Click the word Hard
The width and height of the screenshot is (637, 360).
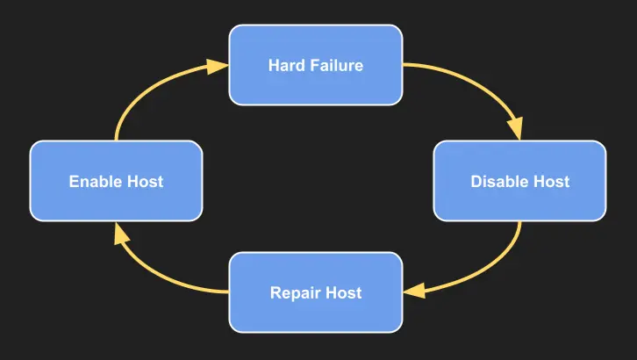[286, 66]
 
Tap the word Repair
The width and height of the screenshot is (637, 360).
[294, 292]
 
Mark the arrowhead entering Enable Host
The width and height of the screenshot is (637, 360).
[117, 232]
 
